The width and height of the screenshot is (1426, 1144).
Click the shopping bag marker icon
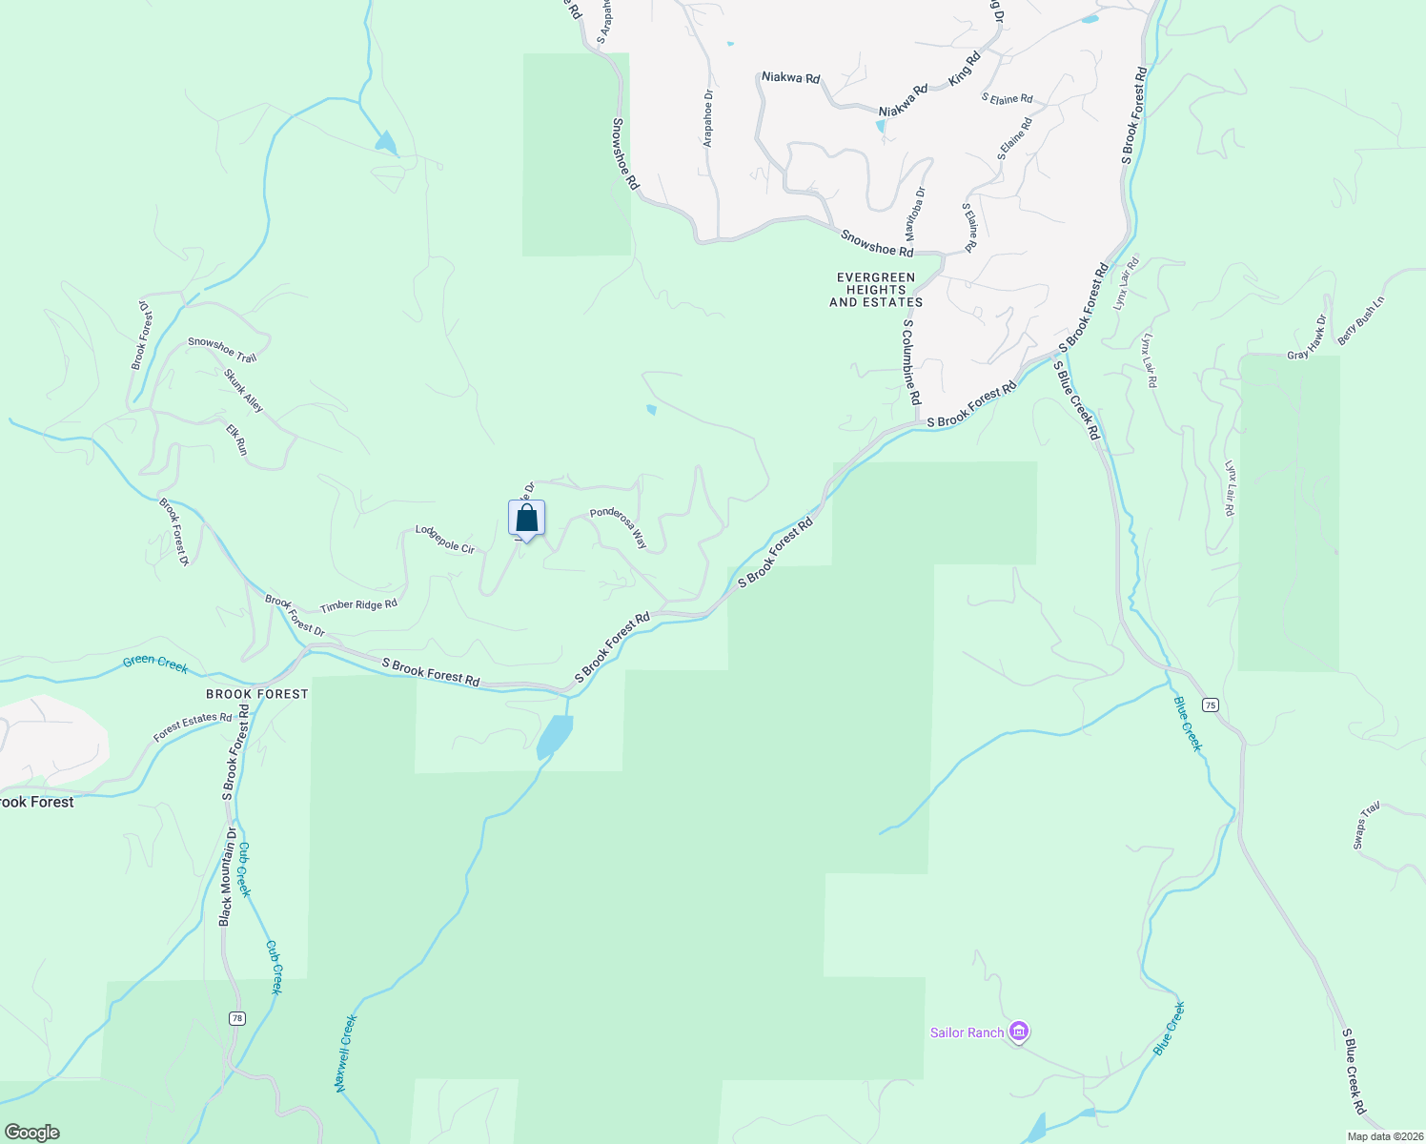(x=526, y=520)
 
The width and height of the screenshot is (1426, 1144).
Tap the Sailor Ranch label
(x=967, y=1032)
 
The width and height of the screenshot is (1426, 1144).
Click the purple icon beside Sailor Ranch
(x=1019, y=1032)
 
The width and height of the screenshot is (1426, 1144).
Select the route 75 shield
(x=1210, y=705)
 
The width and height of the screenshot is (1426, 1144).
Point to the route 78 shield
(x=236, y=1018)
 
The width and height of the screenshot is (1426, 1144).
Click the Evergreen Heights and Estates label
(x=876, y=290)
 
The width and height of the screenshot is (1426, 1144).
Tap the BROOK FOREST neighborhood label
(x=257, y=694)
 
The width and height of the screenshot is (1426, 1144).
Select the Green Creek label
(x=155, y=664)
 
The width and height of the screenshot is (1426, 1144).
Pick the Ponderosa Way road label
(x=619, y=526)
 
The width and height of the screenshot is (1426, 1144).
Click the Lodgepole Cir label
(x=444, y=540)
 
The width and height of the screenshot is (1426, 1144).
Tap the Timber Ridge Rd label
(x=358, y=605)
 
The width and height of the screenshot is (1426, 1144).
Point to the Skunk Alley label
(x=243, y=390)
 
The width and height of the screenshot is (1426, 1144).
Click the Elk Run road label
(x=236, y=439)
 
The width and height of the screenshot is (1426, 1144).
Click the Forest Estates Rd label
(x=193, y=727)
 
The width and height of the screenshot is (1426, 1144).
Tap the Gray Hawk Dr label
(x=1307, y=337)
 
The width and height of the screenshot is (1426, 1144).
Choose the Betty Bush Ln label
(x=1360, y=320)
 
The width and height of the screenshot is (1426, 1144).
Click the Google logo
(x=32, y=1133)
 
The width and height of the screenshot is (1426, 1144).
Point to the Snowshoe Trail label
(x=222, y=349)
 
